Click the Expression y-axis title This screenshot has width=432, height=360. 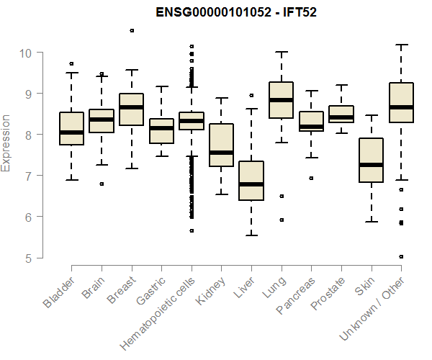tap(6, 143)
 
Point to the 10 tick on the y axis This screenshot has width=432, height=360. tap(40, 53)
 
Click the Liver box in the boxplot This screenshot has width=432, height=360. tap(251, 181)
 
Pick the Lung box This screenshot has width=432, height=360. tap(281, 99)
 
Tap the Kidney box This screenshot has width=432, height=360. tap(221, 145)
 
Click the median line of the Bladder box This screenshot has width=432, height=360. tap(71, 132)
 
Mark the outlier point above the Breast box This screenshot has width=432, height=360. tap(132, 30)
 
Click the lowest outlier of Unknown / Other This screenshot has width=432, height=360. tap(401, 256)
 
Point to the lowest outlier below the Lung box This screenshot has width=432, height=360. tap(281, 220)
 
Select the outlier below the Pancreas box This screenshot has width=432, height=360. tap(311, 178)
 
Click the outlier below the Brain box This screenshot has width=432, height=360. tap(102, 184)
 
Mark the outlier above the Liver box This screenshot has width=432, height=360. tap(251, 95)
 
